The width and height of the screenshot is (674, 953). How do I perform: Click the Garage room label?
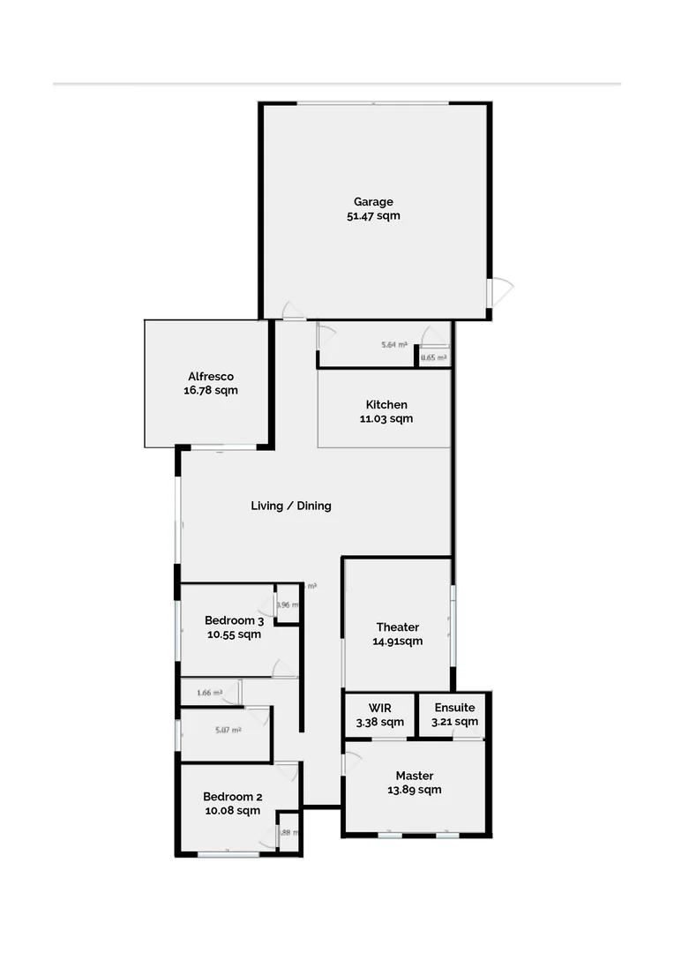(373, 201)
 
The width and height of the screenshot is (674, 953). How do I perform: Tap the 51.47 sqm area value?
(373, 215)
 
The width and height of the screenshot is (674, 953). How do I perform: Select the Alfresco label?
(210, 376)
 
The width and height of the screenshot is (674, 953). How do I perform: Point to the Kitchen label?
(386, 404)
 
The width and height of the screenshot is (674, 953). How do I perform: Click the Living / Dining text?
(291, 506)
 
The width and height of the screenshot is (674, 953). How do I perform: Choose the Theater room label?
(397, 627)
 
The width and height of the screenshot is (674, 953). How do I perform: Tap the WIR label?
(380, 708)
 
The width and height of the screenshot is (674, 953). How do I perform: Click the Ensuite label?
(454, 708)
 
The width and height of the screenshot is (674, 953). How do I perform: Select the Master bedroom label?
(414, 776)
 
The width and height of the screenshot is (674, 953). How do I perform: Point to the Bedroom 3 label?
(234, 620)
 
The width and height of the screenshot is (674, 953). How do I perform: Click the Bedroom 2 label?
(232, 796)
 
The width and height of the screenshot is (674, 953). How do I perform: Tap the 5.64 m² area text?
(393, 345)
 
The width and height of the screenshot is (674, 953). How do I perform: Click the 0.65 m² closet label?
(433, 357)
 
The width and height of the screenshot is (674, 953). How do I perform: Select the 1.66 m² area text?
(209, 693)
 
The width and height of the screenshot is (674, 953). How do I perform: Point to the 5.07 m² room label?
(228, 730)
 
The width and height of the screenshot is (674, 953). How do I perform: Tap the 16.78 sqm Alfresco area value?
(210, 390)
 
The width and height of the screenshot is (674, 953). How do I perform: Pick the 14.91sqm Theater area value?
(397, 641)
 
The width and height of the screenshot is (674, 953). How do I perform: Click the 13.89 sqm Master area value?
(414, 790)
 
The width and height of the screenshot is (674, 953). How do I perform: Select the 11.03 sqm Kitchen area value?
(386, 418)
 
